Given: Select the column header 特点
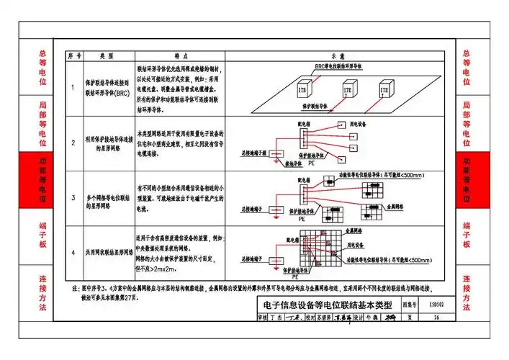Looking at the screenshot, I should coord(180,55).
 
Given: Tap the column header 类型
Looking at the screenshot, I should coord(107,55).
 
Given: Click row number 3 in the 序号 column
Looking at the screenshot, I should coord(73,197).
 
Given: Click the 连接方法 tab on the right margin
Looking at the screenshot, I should coord(467,291).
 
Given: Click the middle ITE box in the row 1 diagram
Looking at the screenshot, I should coord(347,91).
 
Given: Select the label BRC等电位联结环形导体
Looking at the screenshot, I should coord(343,66).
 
